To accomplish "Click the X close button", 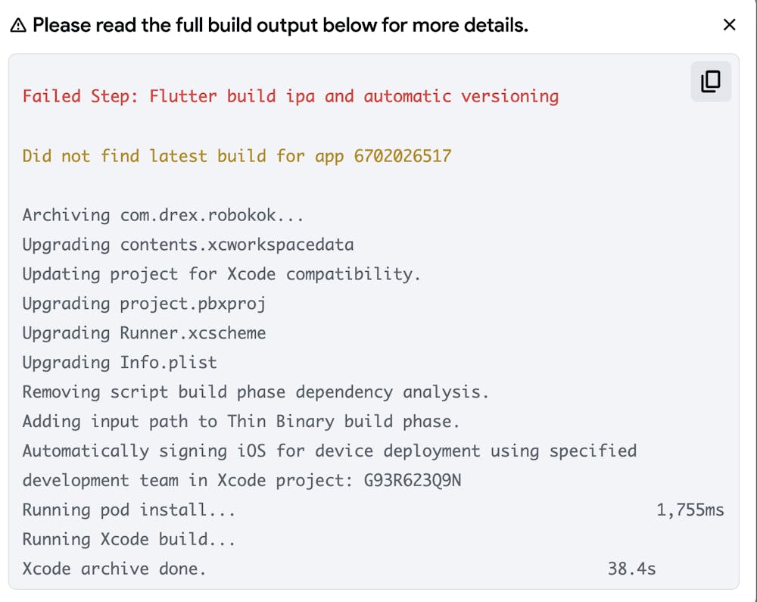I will (729, 25).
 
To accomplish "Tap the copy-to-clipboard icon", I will (711, 82).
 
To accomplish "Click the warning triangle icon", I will (18, 26).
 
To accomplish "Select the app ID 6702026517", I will (403, 156).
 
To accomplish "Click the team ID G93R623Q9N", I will (413, 480).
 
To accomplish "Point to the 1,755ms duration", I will (690, 510).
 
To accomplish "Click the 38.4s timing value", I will (631, 569).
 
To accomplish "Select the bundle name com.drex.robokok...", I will (212, 215).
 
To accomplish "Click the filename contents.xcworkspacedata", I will (237, 245).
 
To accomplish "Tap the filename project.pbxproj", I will (192, 304).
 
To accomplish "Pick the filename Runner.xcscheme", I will (192, 333).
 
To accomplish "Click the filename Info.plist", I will (168, 363).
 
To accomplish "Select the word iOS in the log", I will (251, 451).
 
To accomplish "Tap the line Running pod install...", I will (129, 510).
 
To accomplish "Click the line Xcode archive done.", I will (114, 569).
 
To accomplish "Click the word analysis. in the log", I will (446, 391).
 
